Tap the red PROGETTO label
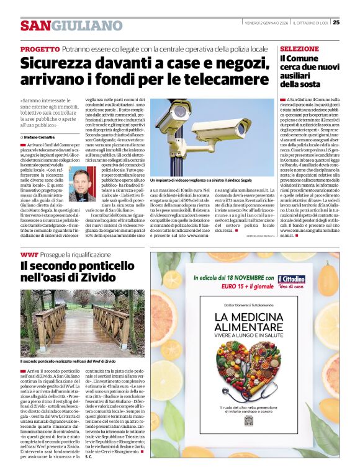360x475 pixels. coord(40,49)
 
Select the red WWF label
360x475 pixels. coord(29,255)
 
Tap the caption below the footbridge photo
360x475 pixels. coord(68,360)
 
